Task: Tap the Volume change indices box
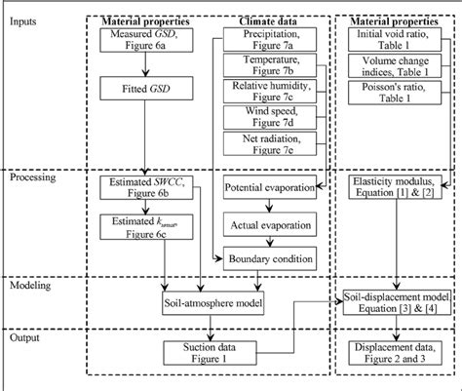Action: click(x=391, y=68)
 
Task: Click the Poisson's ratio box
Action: click(x=391, y=96)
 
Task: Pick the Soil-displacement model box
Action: click(x=397, y=303)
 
